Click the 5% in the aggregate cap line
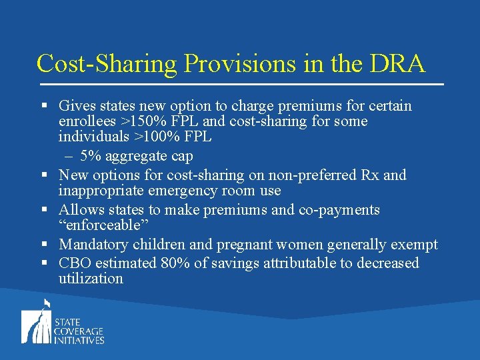click(89, 157)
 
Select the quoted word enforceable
click(103, 226)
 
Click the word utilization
click(91, 279)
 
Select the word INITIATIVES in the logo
click(79, 340)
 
